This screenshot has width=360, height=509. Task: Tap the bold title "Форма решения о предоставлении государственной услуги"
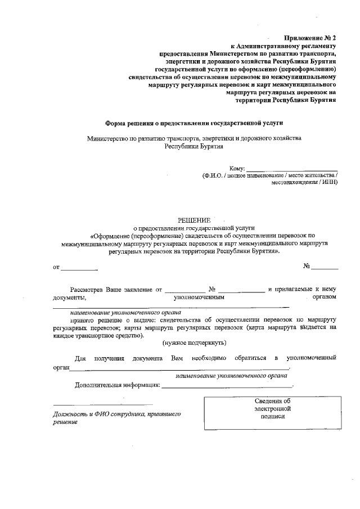[x=194, y=122]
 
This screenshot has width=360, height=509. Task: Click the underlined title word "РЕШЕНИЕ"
[x=194, y=220]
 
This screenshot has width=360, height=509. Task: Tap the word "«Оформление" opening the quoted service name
[x=112, y=236]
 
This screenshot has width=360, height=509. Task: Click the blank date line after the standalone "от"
[x=79, y=267]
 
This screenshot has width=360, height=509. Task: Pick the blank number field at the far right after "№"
[x=325, y=267]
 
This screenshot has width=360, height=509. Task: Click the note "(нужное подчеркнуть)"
[x=194, y=343]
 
